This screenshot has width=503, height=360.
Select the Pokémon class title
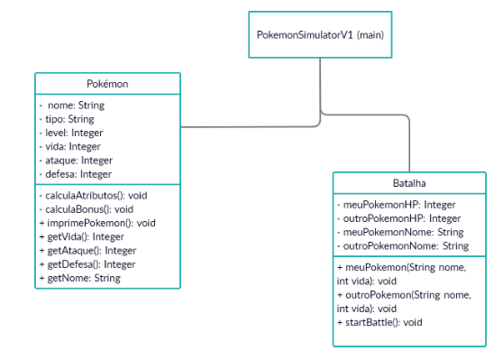107,84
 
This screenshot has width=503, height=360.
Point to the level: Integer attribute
72,133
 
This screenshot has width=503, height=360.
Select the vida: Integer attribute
70,146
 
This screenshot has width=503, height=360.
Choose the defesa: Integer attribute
76,173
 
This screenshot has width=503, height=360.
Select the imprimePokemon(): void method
98,222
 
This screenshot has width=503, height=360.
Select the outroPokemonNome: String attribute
402,245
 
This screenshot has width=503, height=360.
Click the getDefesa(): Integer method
87,263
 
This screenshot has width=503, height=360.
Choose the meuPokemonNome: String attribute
399,232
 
